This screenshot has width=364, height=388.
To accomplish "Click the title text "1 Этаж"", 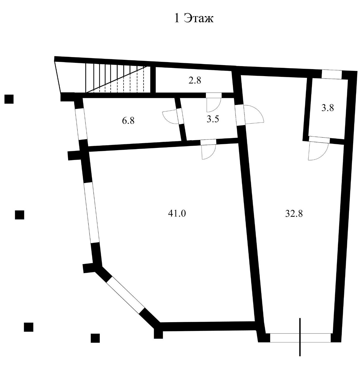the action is pyautogui.click(x=194, y=19).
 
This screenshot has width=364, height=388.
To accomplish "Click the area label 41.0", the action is pyautogui.click(x=177, y=214).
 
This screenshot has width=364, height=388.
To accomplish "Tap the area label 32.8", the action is pyautogui.click(x=294, y=214).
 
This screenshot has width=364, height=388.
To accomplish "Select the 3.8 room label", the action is pyautogui.click(x=328, y=108).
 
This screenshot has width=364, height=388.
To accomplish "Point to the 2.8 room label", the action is pyautogui.click(x=195, y=80).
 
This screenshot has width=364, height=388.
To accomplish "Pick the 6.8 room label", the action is pyautogui.click(x=128, y=121).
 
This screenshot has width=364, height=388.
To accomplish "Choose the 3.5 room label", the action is pyautogui.click(x=213, y=119).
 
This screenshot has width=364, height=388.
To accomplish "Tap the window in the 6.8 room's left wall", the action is pyautogui.click(x=81, y=124).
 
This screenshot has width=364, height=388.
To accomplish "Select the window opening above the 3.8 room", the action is pyautogui.click(x=331, y=75).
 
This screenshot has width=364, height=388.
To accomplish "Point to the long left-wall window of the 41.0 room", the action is pyautogui.click(x=91, y=213).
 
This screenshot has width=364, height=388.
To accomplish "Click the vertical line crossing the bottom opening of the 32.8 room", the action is pyautogui.click(x=300, y=337).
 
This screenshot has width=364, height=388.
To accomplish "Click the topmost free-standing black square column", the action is pyautogui.click(x=9, y=99).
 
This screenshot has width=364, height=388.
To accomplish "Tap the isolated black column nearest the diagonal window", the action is pyautogui.click(x=95, y=338).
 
